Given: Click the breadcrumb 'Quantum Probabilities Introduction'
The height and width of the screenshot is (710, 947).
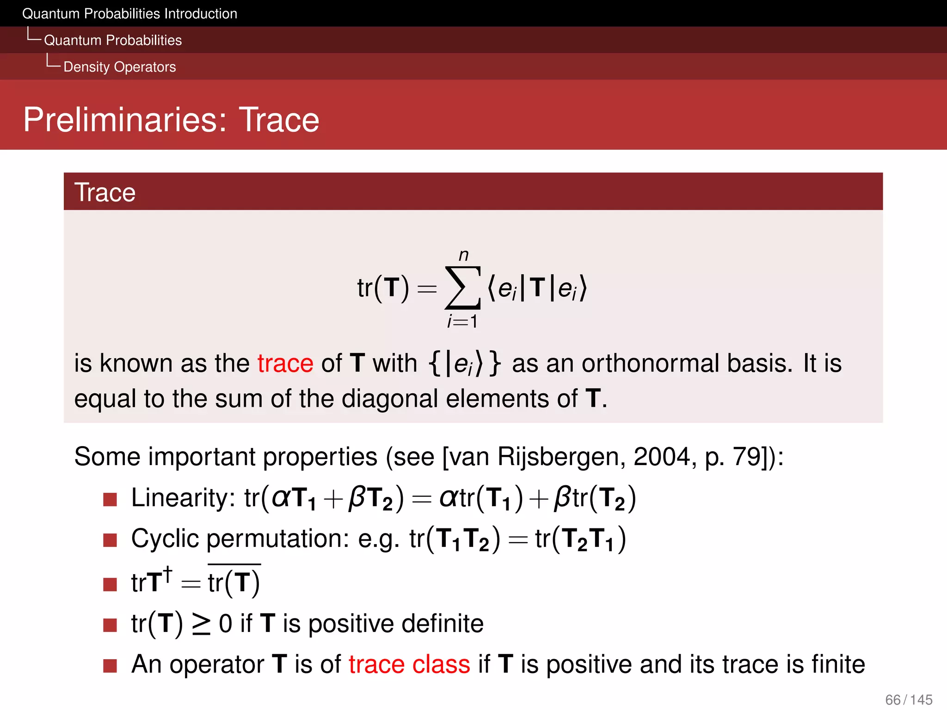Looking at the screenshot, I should (129, 14).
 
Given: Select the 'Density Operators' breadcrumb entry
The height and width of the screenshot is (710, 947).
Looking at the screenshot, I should (119, 67).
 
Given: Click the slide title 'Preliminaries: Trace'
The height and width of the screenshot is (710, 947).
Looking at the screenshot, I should (171, 120).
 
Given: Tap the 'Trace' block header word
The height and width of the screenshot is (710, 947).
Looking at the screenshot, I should (105, 192).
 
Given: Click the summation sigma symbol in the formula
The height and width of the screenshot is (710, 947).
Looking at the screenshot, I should (462, 288).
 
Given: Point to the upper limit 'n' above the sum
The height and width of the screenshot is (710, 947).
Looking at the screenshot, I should (463, 255).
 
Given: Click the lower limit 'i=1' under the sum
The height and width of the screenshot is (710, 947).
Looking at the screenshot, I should (462, 321).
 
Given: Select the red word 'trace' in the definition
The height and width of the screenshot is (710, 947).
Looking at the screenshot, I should (285, 363).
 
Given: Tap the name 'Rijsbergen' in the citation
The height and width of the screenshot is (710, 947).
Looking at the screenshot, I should (561, 458).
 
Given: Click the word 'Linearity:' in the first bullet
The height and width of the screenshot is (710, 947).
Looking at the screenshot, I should (183, 498).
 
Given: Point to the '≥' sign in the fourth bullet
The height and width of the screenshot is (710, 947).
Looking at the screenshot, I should (201, 624).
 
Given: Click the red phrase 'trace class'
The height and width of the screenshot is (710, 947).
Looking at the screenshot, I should (409, 665).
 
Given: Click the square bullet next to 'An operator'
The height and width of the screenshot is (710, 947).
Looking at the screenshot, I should (110, 666).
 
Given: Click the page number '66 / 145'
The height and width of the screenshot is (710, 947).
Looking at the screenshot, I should (909, 700).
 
